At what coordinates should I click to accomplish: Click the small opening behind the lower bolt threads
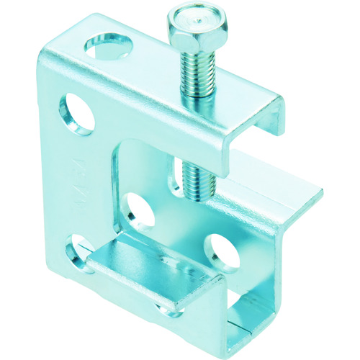(x=179, y=176)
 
